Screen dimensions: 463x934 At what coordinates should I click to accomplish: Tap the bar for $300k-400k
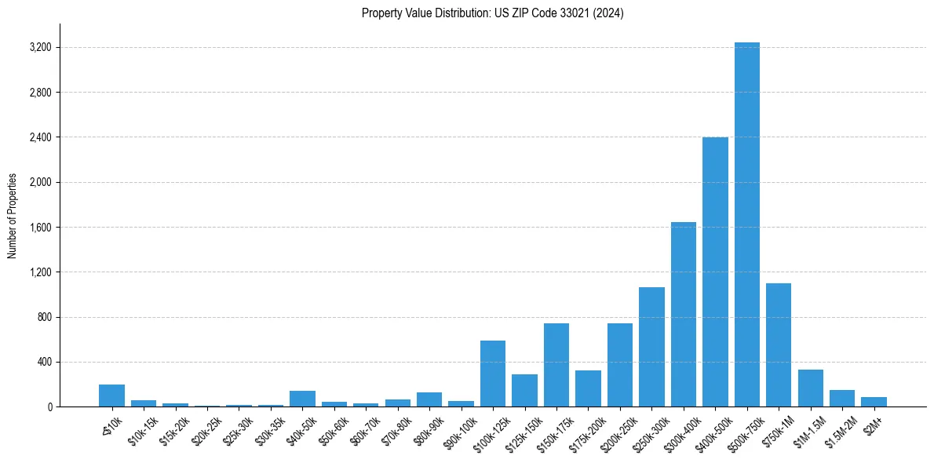pyautogui.click(x=683, y=314)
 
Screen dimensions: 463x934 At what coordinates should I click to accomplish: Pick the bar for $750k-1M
pyautogui.click(x=779, y=345)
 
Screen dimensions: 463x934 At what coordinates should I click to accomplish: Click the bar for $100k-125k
pyautogui.click(x=493, y=374)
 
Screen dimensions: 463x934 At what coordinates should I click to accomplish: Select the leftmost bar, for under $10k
pyautogui.click(x=112, y=396)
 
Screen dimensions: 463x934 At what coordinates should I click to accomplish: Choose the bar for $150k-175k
pyautogui.click(x=556, y=365)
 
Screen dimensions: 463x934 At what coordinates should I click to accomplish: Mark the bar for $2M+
pyautogui.click(x=874, y=402)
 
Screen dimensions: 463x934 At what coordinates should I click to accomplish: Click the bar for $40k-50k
pyautogui.click(x=302, y=399)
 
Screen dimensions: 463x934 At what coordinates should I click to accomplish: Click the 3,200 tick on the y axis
pyautogui.click(x=40, y=48)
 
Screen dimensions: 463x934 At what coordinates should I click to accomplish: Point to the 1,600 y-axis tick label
pyautogui.click(x=40, y=228)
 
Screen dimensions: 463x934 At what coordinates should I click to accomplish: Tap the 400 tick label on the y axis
pyautogui.click(x=44, y=363)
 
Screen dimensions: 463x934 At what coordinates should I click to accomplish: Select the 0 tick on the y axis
pyautogui.click(x=49, y=407)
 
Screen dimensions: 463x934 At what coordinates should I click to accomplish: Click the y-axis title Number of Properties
pyautogui.click(x=13, y=216)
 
